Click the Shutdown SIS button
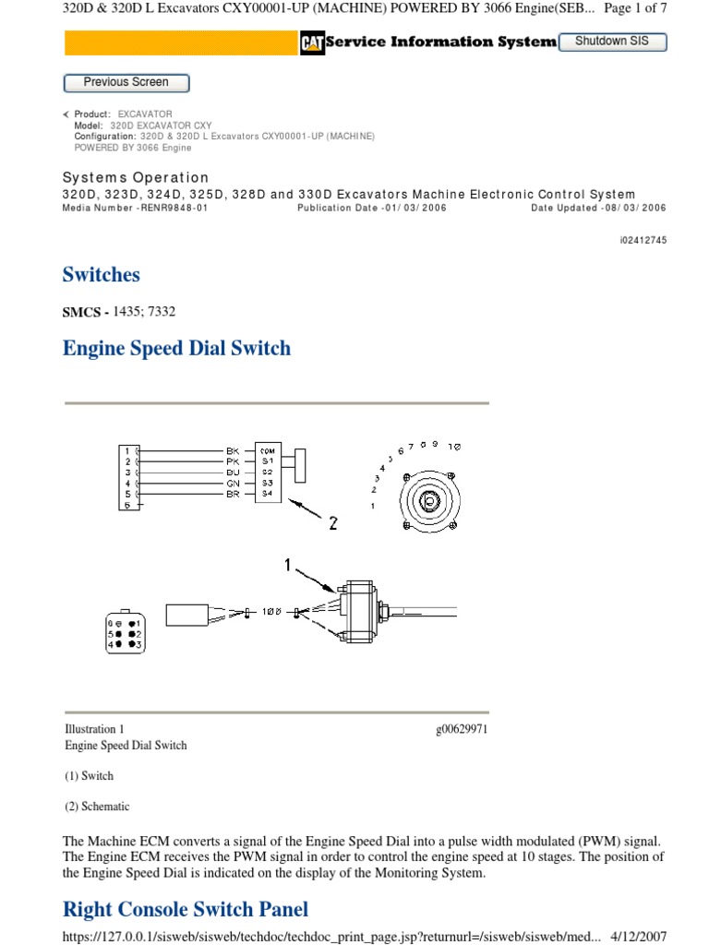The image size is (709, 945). click(x=612, y=42)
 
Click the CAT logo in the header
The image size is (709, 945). click(x=311, y=42)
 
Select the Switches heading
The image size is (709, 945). click(x=101, y=274)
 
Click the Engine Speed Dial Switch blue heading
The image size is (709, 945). click(x=176, y=348)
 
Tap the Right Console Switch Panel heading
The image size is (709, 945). click(x=186, y=909)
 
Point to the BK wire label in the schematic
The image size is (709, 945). click(x=233, y=450)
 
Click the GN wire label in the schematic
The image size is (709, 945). click(x=233, y=483)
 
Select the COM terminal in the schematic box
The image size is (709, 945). click(x=268, y=450)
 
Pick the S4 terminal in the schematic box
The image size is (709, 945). click(x=268, y=494)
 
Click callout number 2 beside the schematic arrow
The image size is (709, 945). click(x=332, y=523)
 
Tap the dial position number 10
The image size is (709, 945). click(x=454, y=446)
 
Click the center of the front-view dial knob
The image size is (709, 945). click(x=428, y=500)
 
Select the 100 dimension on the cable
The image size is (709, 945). click(x=270, y=612)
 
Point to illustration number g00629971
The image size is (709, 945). click(x=461, y=730)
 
